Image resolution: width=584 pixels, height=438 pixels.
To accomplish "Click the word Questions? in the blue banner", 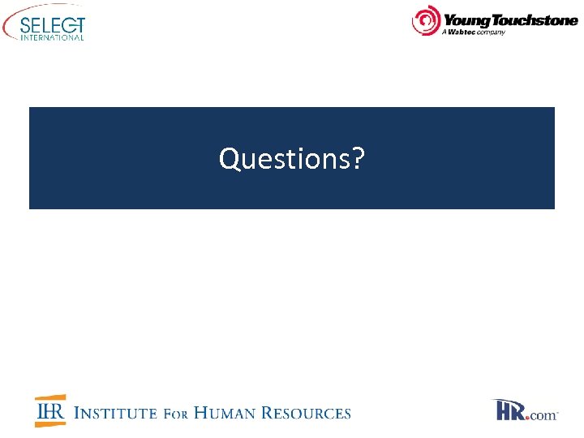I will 291,159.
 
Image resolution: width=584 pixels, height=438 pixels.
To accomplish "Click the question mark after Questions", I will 358,159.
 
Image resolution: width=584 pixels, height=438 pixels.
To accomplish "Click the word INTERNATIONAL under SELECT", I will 53,36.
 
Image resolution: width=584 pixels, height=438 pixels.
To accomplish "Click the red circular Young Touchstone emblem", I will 425,21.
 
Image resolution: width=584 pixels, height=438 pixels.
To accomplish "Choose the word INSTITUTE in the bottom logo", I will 115,413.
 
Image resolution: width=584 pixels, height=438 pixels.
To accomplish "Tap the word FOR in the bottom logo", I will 176,414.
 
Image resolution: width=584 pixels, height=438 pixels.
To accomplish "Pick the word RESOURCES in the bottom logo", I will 310,413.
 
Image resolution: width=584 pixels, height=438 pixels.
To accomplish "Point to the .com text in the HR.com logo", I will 543,415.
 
